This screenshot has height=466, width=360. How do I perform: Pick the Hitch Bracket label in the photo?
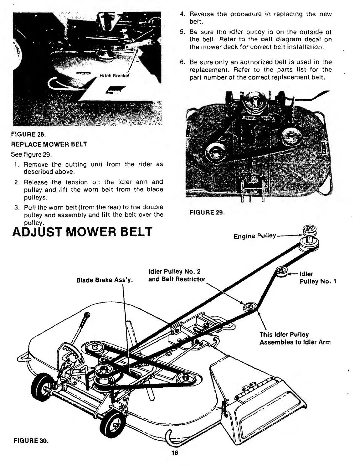[114, 75]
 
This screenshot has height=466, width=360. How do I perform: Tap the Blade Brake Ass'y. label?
[105, 280]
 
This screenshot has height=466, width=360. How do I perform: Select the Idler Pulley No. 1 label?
[317, 278]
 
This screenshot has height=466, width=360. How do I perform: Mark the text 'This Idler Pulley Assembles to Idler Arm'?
[295, 339]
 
